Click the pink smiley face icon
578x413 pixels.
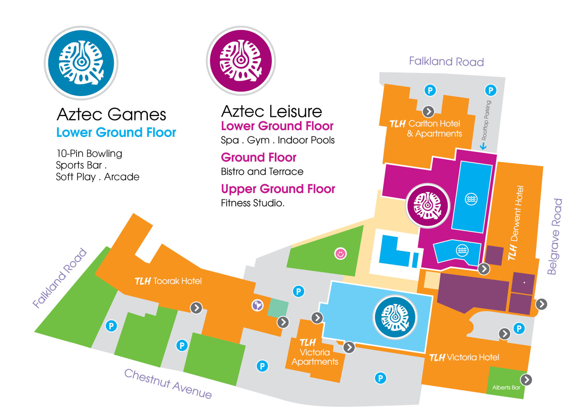click(340, 253)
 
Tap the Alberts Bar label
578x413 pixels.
click(506, 387)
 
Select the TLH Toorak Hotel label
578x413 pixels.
click(168, 281)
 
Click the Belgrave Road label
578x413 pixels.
click(555, 237)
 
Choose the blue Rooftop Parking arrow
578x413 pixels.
click(483, 146)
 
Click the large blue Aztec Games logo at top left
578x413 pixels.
click(81, 63)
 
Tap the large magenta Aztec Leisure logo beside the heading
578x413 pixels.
click(241, 61)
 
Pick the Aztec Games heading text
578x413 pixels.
click(111, 114)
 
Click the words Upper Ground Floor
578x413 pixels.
click(278, 189)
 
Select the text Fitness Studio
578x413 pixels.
click(253, 203)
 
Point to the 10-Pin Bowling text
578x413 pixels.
click(89, 154)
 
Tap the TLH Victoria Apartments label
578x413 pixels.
click(315, 352)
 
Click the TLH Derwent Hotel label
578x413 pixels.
click(516, 223)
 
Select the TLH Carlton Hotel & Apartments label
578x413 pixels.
click(426, 129)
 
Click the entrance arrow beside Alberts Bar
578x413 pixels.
click(526, 380)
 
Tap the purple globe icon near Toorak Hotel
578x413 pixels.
click(257, 305)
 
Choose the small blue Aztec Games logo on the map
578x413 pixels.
click(395, 317)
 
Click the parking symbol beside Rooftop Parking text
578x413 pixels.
click(491, 90)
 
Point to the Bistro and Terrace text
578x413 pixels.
click(262, 172)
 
